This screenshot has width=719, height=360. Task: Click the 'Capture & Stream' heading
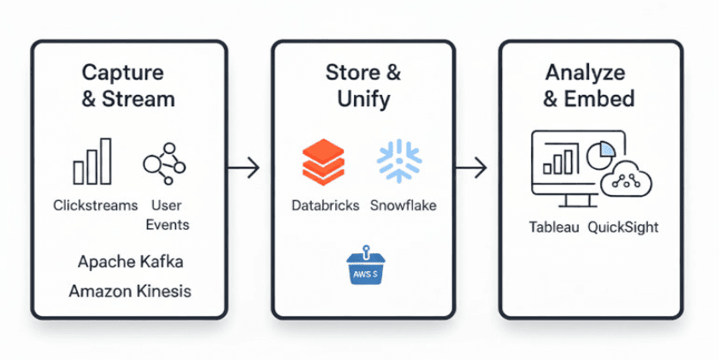(128, 85)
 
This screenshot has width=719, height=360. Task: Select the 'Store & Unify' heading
(363, 85)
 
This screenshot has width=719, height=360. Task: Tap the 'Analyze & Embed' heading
(589, 85)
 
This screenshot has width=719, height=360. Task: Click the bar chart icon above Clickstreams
(92, 162)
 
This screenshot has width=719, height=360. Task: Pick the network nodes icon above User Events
(163, 162)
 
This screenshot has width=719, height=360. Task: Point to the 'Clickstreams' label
(95, 205)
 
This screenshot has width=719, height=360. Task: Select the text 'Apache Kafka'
(130, 261)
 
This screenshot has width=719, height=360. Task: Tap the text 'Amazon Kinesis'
(130, 291)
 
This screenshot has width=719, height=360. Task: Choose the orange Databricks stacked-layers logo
(323, 162)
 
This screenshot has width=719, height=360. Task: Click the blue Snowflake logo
(398, 162)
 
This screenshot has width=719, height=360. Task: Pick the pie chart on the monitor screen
(601, 156)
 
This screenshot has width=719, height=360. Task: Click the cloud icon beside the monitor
(626, 180)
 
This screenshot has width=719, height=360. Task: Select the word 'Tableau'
(554, 227)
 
